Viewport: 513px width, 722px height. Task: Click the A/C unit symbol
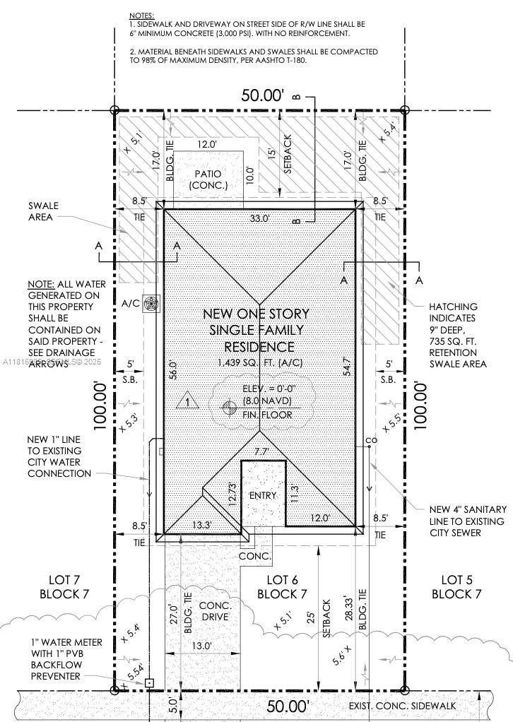(x=151, y=304)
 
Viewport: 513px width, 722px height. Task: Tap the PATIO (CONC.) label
(x=208, y=179)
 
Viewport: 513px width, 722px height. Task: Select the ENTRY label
(x=263, y=495)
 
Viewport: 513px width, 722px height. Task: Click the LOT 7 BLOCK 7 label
(x=64, y=586)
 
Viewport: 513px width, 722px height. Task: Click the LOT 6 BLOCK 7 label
(x=282, y=586)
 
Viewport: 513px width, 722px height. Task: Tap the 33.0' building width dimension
(x=259, y=219)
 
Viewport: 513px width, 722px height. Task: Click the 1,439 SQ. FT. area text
(x=259, y=362)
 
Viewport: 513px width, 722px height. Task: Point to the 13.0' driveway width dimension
(x=202, y=646)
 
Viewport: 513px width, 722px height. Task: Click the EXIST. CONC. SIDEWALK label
(x=403, y=706)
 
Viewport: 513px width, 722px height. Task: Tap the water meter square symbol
(x=149, y=683)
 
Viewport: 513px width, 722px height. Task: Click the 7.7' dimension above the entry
(x=261, y=451)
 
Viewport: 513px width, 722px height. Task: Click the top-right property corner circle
(x=404, y=110)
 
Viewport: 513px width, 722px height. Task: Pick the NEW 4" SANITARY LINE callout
(x=466, y=521)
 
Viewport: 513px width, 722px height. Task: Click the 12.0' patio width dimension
(x=206, y=145)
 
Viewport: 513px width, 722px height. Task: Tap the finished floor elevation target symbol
(x=228, y=407)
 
